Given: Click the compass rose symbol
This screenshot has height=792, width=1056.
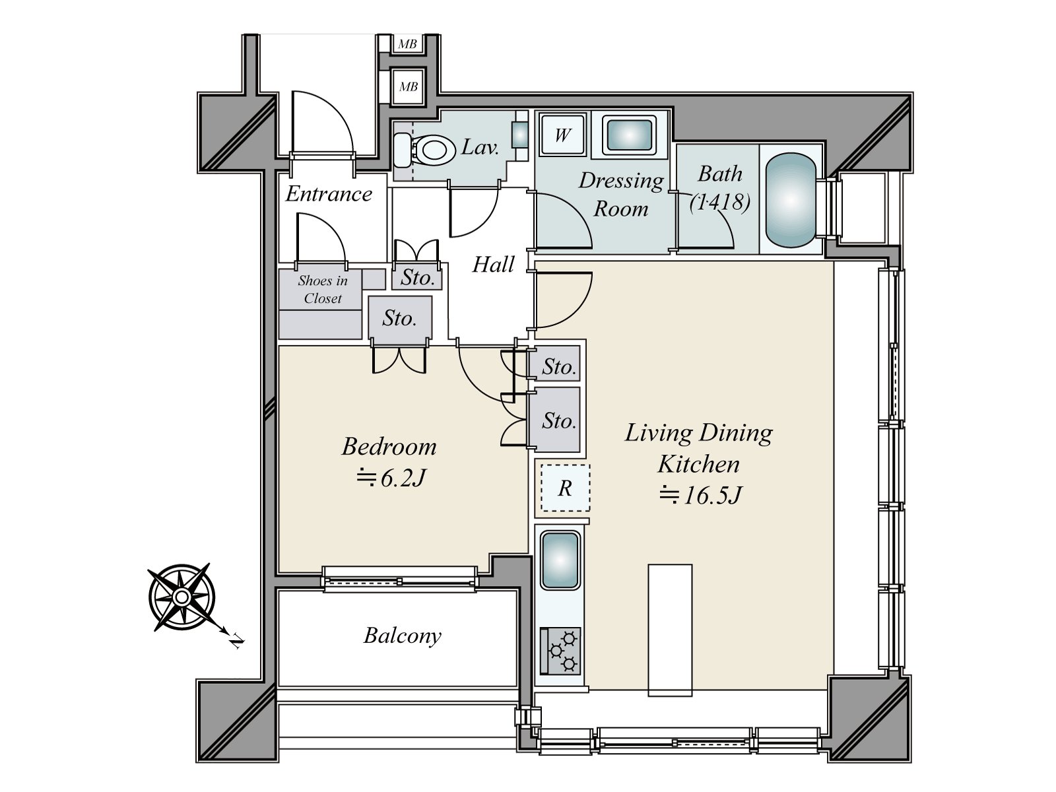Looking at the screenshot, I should (x=181, y=597).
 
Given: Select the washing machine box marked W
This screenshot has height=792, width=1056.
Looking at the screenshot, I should (x=562, y=135).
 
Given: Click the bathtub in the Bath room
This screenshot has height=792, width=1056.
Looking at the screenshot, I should (x=790, y=201).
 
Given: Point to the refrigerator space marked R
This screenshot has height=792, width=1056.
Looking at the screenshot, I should (x=565, y=488).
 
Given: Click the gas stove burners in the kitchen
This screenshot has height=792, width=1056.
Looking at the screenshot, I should (x=561, y=650).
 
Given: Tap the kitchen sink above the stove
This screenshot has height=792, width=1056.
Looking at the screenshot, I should (x=560, y=560).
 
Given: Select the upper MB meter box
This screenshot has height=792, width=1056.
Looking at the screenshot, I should (x=408, y=44).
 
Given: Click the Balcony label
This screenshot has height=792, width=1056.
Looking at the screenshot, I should (x=403, y=636).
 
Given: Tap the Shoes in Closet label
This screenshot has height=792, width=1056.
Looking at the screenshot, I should (x=323, y=289).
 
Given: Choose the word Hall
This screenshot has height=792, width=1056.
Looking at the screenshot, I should (x=493, y=265).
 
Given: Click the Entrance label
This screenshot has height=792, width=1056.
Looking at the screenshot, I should (x=329, y=194).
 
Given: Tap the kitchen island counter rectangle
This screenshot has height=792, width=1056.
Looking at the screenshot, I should (x=670, y=630).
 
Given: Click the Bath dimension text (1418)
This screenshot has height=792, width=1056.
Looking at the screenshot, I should (x=719, y=201).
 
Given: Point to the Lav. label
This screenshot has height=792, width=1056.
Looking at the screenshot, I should (x=480, y=147).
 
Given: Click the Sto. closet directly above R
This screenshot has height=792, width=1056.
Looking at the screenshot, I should (x=558, y=420).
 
